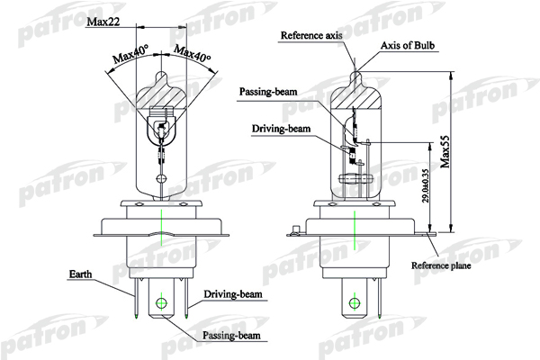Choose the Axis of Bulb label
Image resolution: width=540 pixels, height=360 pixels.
click(x=408, y=45)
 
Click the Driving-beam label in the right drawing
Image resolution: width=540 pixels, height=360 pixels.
click(x=281, y=130)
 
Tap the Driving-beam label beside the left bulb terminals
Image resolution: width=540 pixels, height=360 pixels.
click(x=232, y=293)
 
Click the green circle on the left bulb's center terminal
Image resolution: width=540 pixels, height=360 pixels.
click(x=161, y=303)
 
